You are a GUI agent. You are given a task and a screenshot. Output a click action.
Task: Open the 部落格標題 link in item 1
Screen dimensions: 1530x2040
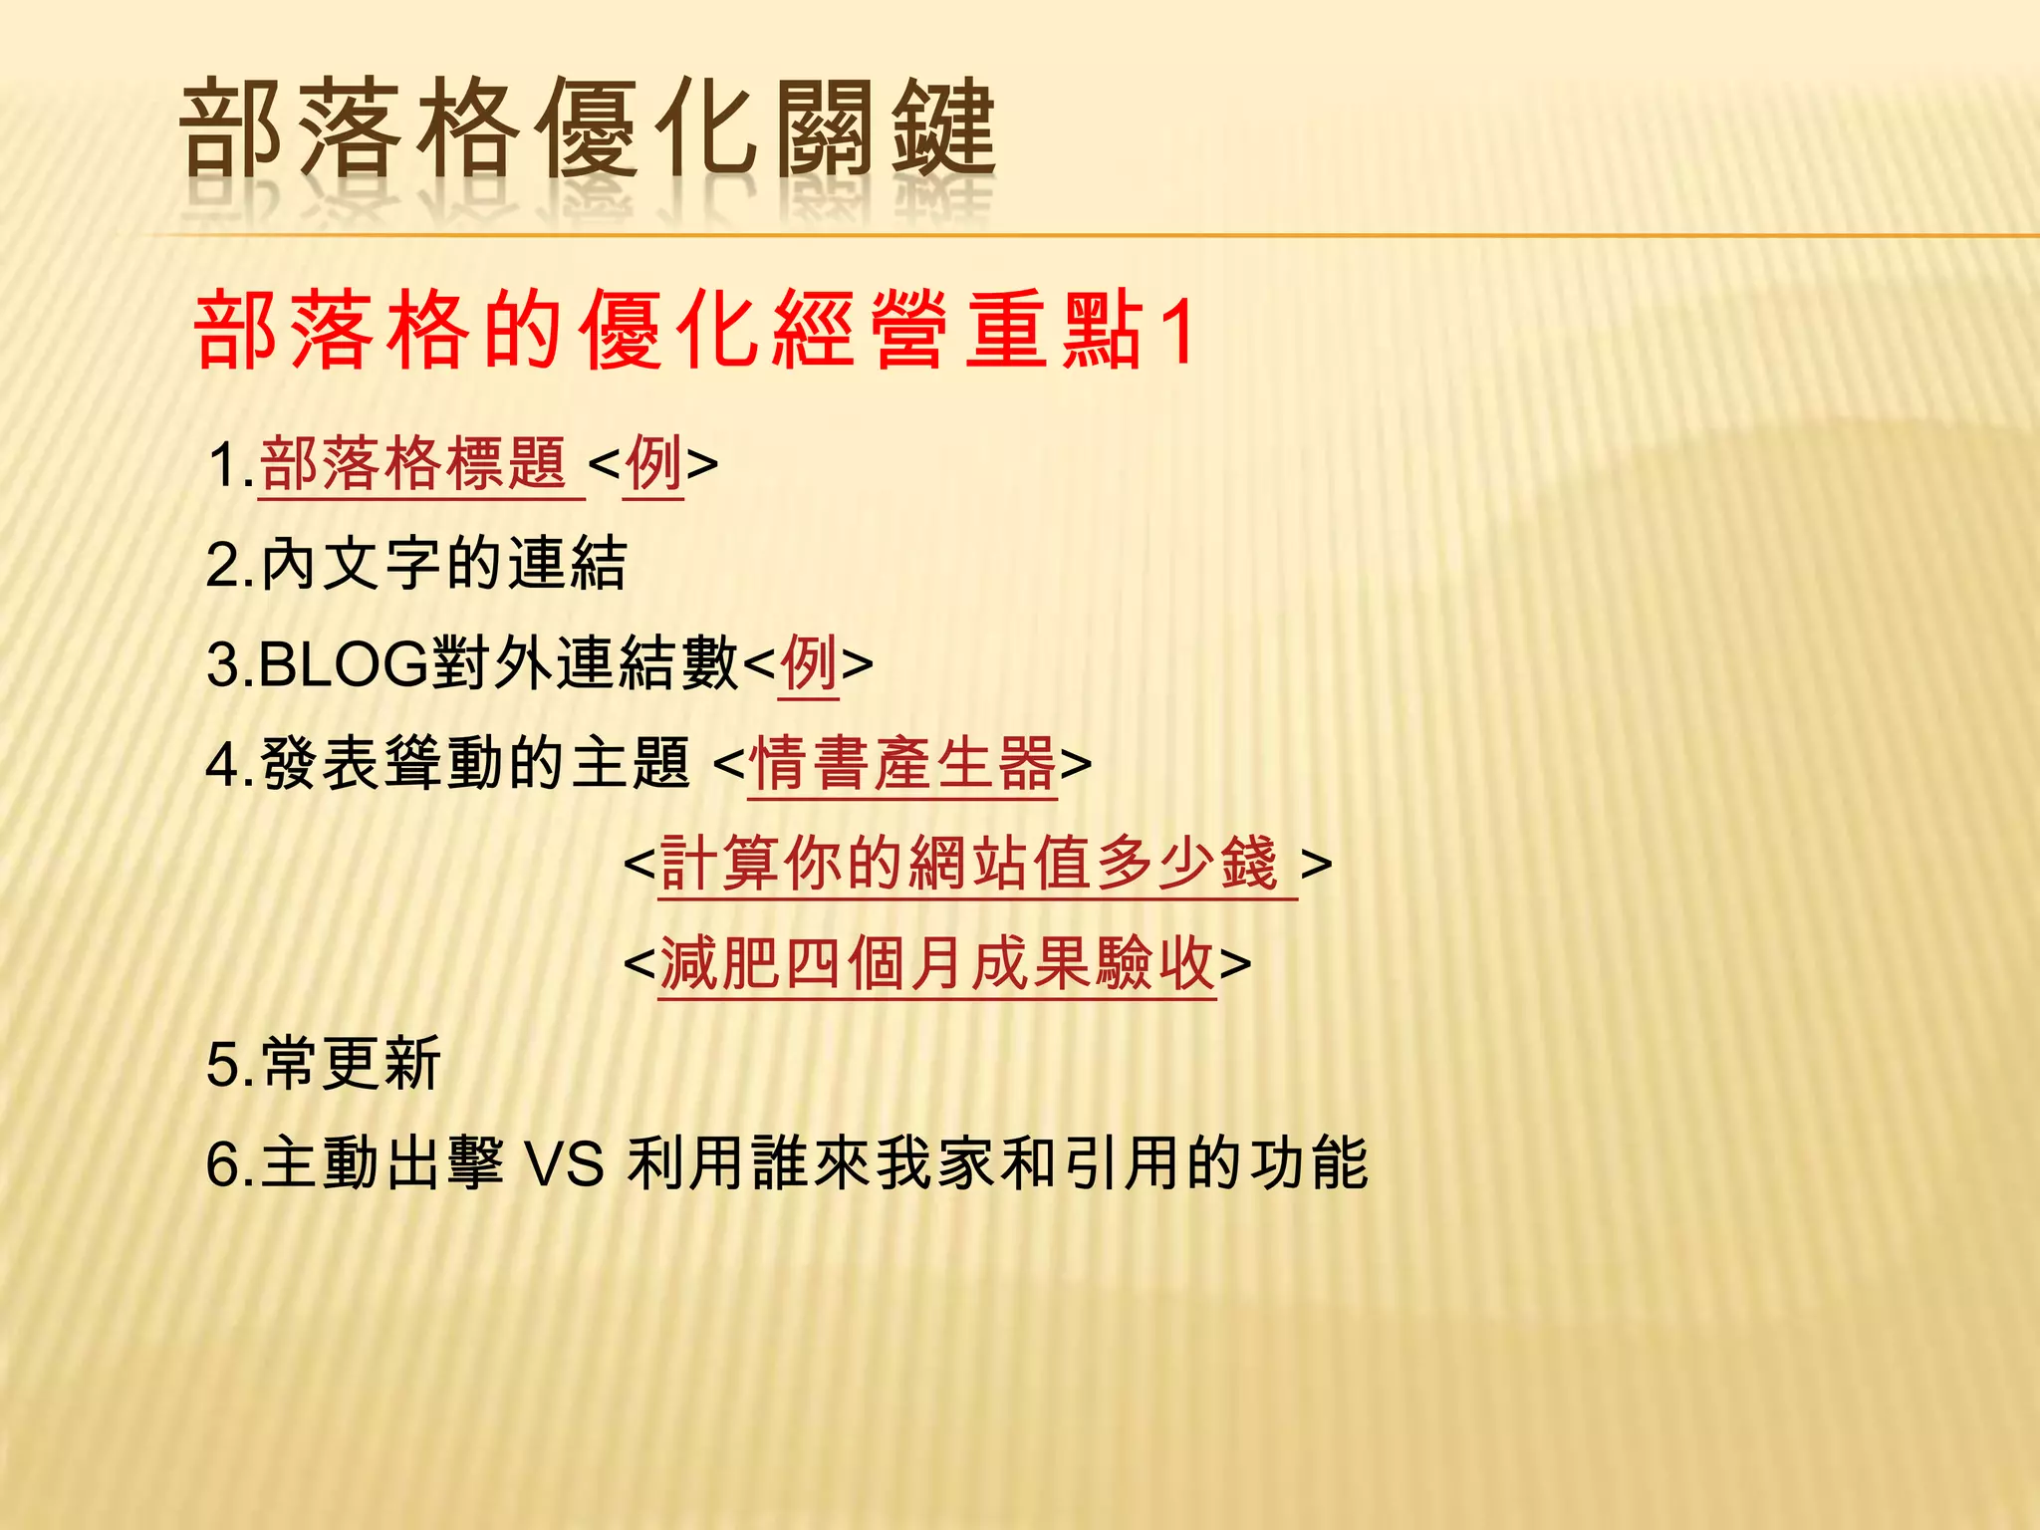(413, 464)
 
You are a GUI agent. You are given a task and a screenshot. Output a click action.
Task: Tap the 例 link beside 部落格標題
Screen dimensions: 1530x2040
(653, 464)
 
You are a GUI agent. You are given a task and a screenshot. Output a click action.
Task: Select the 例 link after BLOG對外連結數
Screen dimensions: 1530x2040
(808, 664)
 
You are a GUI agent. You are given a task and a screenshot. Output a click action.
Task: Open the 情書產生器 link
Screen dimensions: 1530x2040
(901, 764)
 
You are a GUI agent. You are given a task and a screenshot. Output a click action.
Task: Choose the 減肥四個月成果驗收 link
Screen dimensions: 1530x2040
(936, 964)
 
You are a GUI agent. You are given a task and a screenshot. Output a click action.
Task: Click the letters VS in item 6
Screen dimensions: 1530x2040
(564, 1163)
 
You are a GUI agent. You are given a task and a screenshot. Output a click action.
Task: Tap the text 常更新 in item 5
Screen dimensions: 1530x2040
(351, 1064)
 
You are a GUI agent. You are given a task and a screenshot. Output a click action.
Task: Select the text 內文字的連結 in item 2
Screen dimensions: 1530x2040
(444, 565)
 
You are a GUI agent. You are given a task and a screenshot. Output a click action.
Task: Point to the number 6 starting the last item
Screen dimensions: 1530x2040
(221, 1164)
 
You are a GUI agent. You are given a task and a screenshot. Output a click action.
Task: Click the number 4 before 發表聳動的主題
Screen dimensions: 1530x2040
(221, 765)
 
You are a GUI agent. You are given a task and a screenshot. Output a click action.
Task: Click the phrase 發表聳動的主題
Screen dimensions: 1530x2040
(475, 764)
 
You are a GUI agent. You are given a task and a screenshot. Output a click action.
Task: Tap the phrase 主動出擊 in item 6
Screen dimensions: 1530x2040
(382, 1163)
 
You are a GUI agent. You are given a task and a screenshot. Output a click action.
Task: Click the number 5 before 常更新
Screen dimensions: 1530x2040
(221, 1065)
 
